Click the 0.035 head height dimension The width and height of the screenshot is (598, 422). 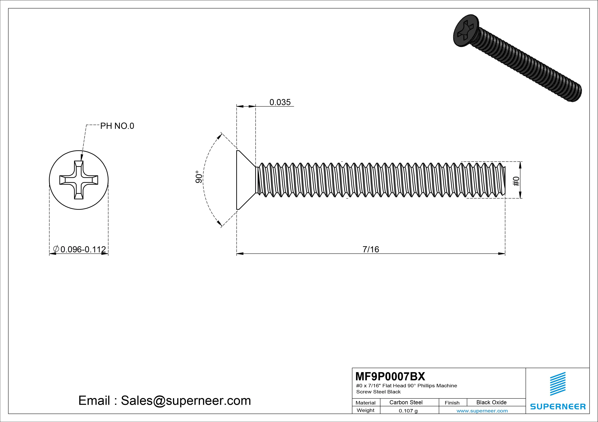click(280, 102)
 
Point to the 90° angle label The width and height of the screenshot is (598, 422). click(199, 177)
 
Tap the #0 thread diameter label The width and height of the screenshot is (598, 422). click(516, 181)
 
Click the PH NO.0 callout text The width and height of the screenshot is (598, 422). click(117, 126)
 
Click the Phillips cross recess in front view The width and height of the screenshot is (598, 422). click(79, 180)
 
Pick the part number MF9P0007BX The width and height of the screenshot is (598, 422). click(390, 376)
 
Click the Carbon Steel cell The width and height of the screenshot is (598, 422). click(406, 402)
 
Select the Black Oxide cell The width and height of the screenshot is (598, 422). click(491, 402)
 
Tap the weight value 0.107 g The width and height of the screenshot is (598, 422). click(408, 411)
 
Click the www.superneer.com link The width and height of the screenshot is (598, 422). click(482, 411)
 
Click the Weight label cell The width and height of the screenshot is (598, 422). click(365, 410)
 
